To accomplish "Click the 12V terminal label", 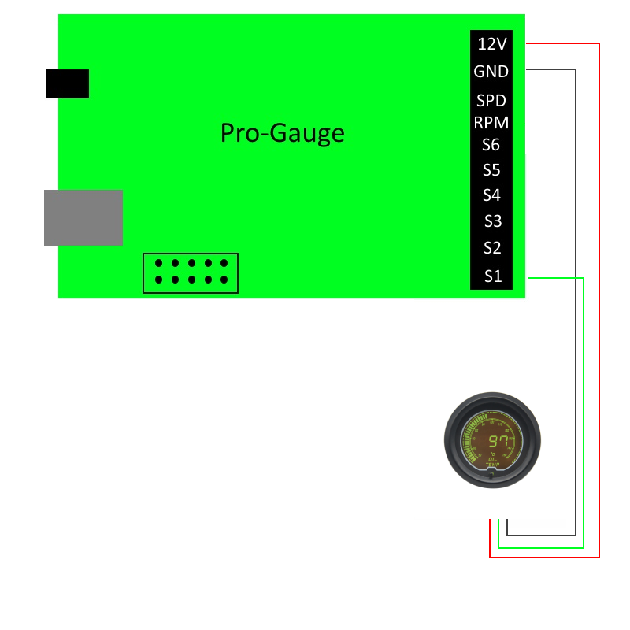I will tap(492, 44).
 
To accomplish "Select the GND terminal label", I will tap(491, 72).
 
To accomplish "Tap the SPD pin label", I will tap(491, 101).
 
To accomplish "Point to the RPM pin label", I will tap(491, 123).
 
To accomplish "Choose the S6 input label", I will tap(491, 145).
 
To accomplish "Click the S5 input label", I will tap(492, 170).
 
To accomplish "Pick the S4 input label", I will tap(492, 195).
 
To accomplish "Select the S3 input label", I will tap(492, 221).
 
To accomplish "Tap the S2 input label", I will tap(492, 248).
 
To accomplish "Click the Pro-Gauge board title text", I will tap(282, 133).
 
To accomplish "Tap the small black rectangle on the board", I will tap(67, 83).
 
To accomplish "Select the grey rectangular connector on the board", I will tap(83, 217).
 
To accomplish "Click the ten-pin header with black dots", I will tap(191, 272).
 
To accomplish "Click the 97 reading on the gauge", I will tap(498, 441).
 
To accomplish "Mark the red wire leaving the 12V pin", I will tap(599, 299).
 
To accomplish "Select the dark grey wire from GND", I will tap(576, 299).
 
